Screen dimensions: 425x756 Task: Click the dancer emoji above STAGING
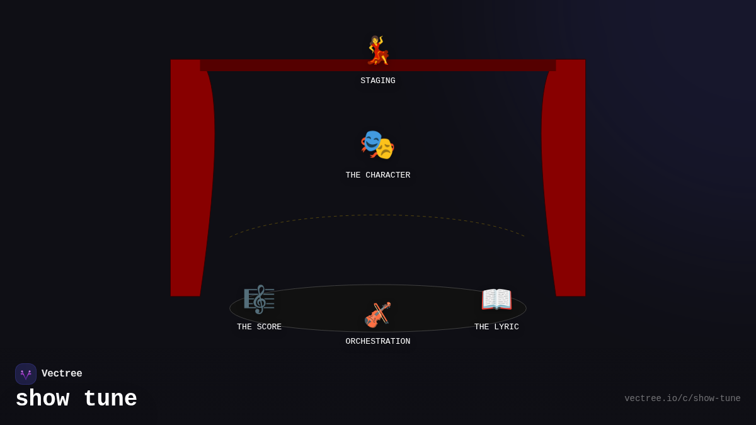378,50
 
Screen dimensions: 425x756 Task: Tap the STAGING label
378,81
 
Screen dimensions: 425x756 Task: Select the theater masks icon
377,145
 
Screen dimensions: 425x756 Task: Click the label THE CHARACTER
378,176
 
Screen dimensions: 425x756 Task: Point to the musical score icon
259,299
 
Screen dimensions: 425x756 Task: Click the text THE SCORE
259,327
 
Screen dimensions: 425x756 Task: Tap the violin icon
377,315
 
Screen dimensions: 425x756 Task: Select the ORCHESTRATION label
378,342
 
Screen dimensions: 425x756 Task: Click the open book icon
496,299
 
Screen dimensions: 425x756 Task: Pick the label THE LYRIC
496,327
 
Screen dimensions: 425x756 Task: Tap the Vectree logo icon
26,374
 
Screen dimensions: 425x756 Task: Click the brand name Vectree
62,374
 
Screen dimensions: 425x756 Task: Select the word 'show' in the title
42,399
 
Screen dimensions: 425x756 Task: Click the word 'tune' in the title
110,399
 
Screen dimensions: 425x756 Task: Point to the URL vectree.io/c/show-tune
682,399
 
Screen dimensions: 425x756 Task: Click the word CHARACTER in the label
387,176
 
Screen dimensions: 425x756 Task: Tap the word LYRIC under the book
507,327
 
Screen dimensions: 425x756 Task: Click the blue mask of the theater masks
372,141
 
